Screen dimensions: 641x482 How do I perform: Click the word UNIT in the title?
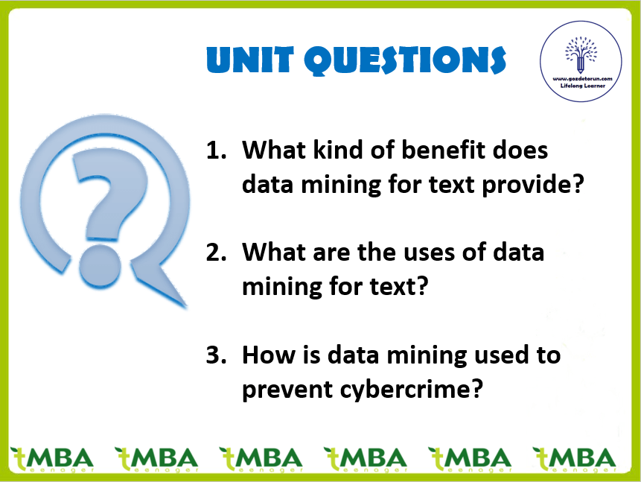[x=250, y=60]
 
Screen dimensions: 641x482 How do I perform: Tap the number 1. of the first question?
[x=216, y=150]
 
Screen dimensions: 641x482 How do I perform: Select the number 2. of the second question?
[x=216, y=252]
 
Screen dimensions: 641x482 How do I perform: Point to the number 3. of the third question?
[x=216, y=355]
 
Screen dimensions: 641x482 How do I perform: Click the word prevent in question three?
[x=287, y=390]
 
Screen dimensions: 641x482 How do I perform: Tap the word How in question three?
[x=269, y=355]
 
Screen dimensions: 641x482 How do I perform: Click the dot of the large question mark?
[x=100, y=264]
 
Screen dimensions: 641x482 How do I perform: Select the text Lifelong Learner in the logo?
[x=582, y=86]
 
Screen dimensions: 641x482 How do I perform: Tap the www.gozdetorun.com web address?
[x=582, y=78]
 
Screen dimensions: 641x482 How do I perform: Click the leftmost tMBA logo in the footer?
[x=52, y=459]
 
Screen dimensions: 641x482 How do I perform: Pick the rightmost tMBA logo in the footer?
[x=574, y=459]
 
